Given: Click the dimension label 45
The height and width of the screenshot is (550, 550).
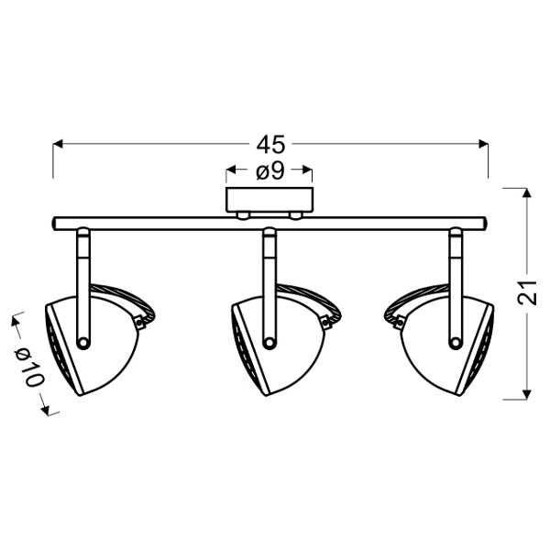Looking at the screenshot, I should click(271, 145).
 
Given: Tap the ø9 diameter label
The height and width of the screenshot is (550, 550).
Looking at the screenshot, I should click(269, 171).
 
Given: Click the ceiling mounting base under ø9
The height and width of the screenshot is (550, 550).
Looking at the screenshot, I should click(269, 201).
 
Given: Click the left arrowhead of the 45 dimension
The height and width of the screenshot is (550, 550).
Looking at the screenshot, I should click(56, 145).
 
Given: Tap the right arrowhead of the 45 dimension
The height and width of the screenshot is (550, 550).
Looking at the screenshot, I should click(486, 145).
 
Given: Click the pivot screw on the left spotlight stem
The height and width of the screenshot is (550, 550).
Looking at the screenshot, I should click(83, 342).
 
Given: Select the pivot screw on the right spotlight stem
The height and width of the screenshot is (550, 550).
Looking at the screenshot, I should click(456, 342).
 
